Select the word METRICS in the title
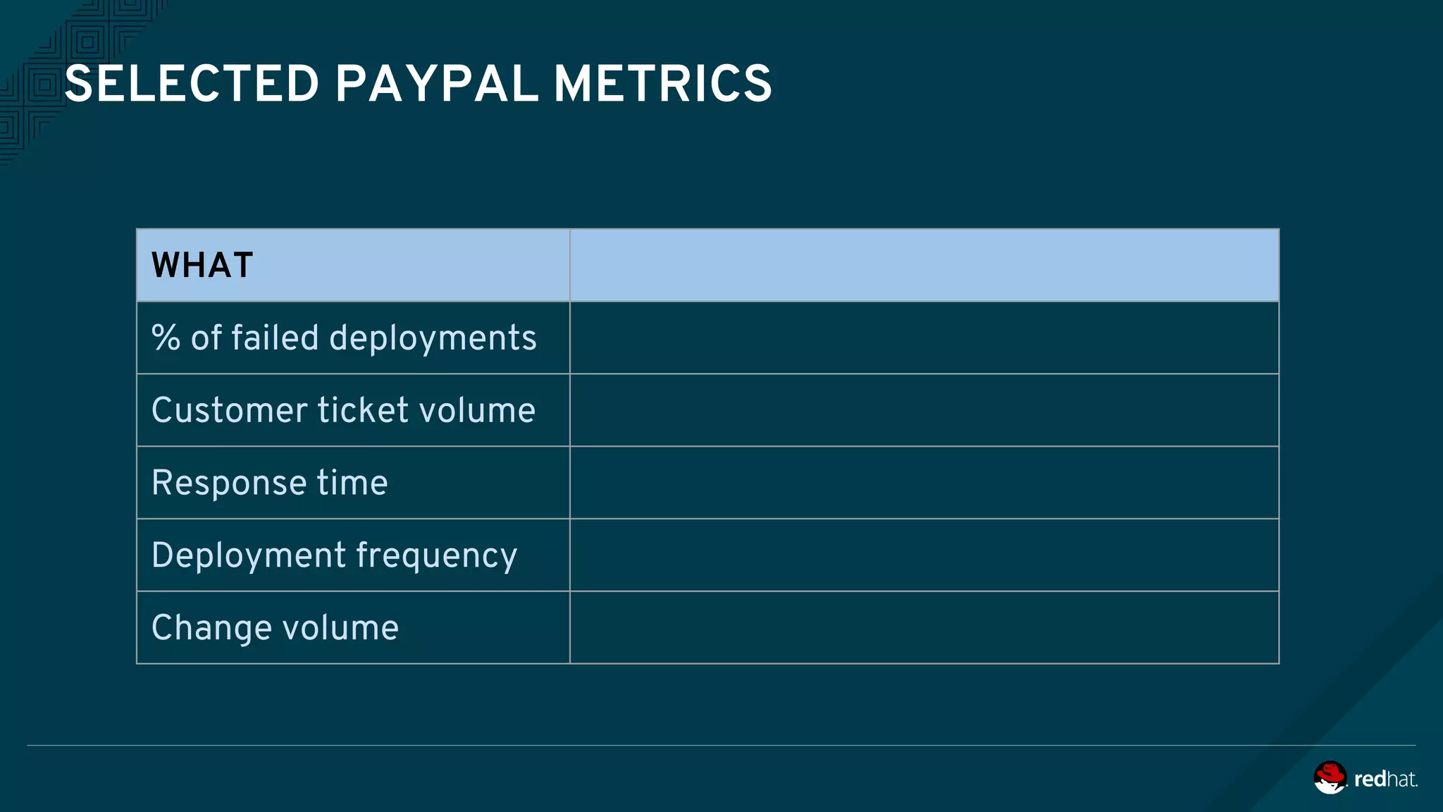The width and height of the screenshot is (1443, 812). point(662,84)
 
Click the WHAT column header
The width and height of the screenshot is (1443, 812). point(202,266)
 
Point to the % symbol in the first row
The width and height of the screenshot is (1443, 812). point(166,338)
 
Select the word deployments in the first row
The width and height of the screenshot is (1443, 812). point(433,339)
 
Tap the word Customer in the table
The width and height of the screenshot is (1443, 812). point(230,410)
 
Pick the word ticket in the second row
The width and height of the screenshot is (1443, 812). point(363,410)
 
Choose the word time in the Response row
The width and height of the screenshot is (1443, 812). point(352,483)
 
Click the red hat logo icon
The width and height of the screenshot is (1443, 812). point(1330,777)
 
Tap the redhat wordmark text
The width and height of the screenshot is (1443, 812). point(1385,779)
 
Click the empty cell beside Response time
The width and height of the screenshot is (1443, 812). point(924,483)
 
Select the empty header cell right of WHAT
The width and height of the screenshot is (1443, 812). point(924,266)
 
